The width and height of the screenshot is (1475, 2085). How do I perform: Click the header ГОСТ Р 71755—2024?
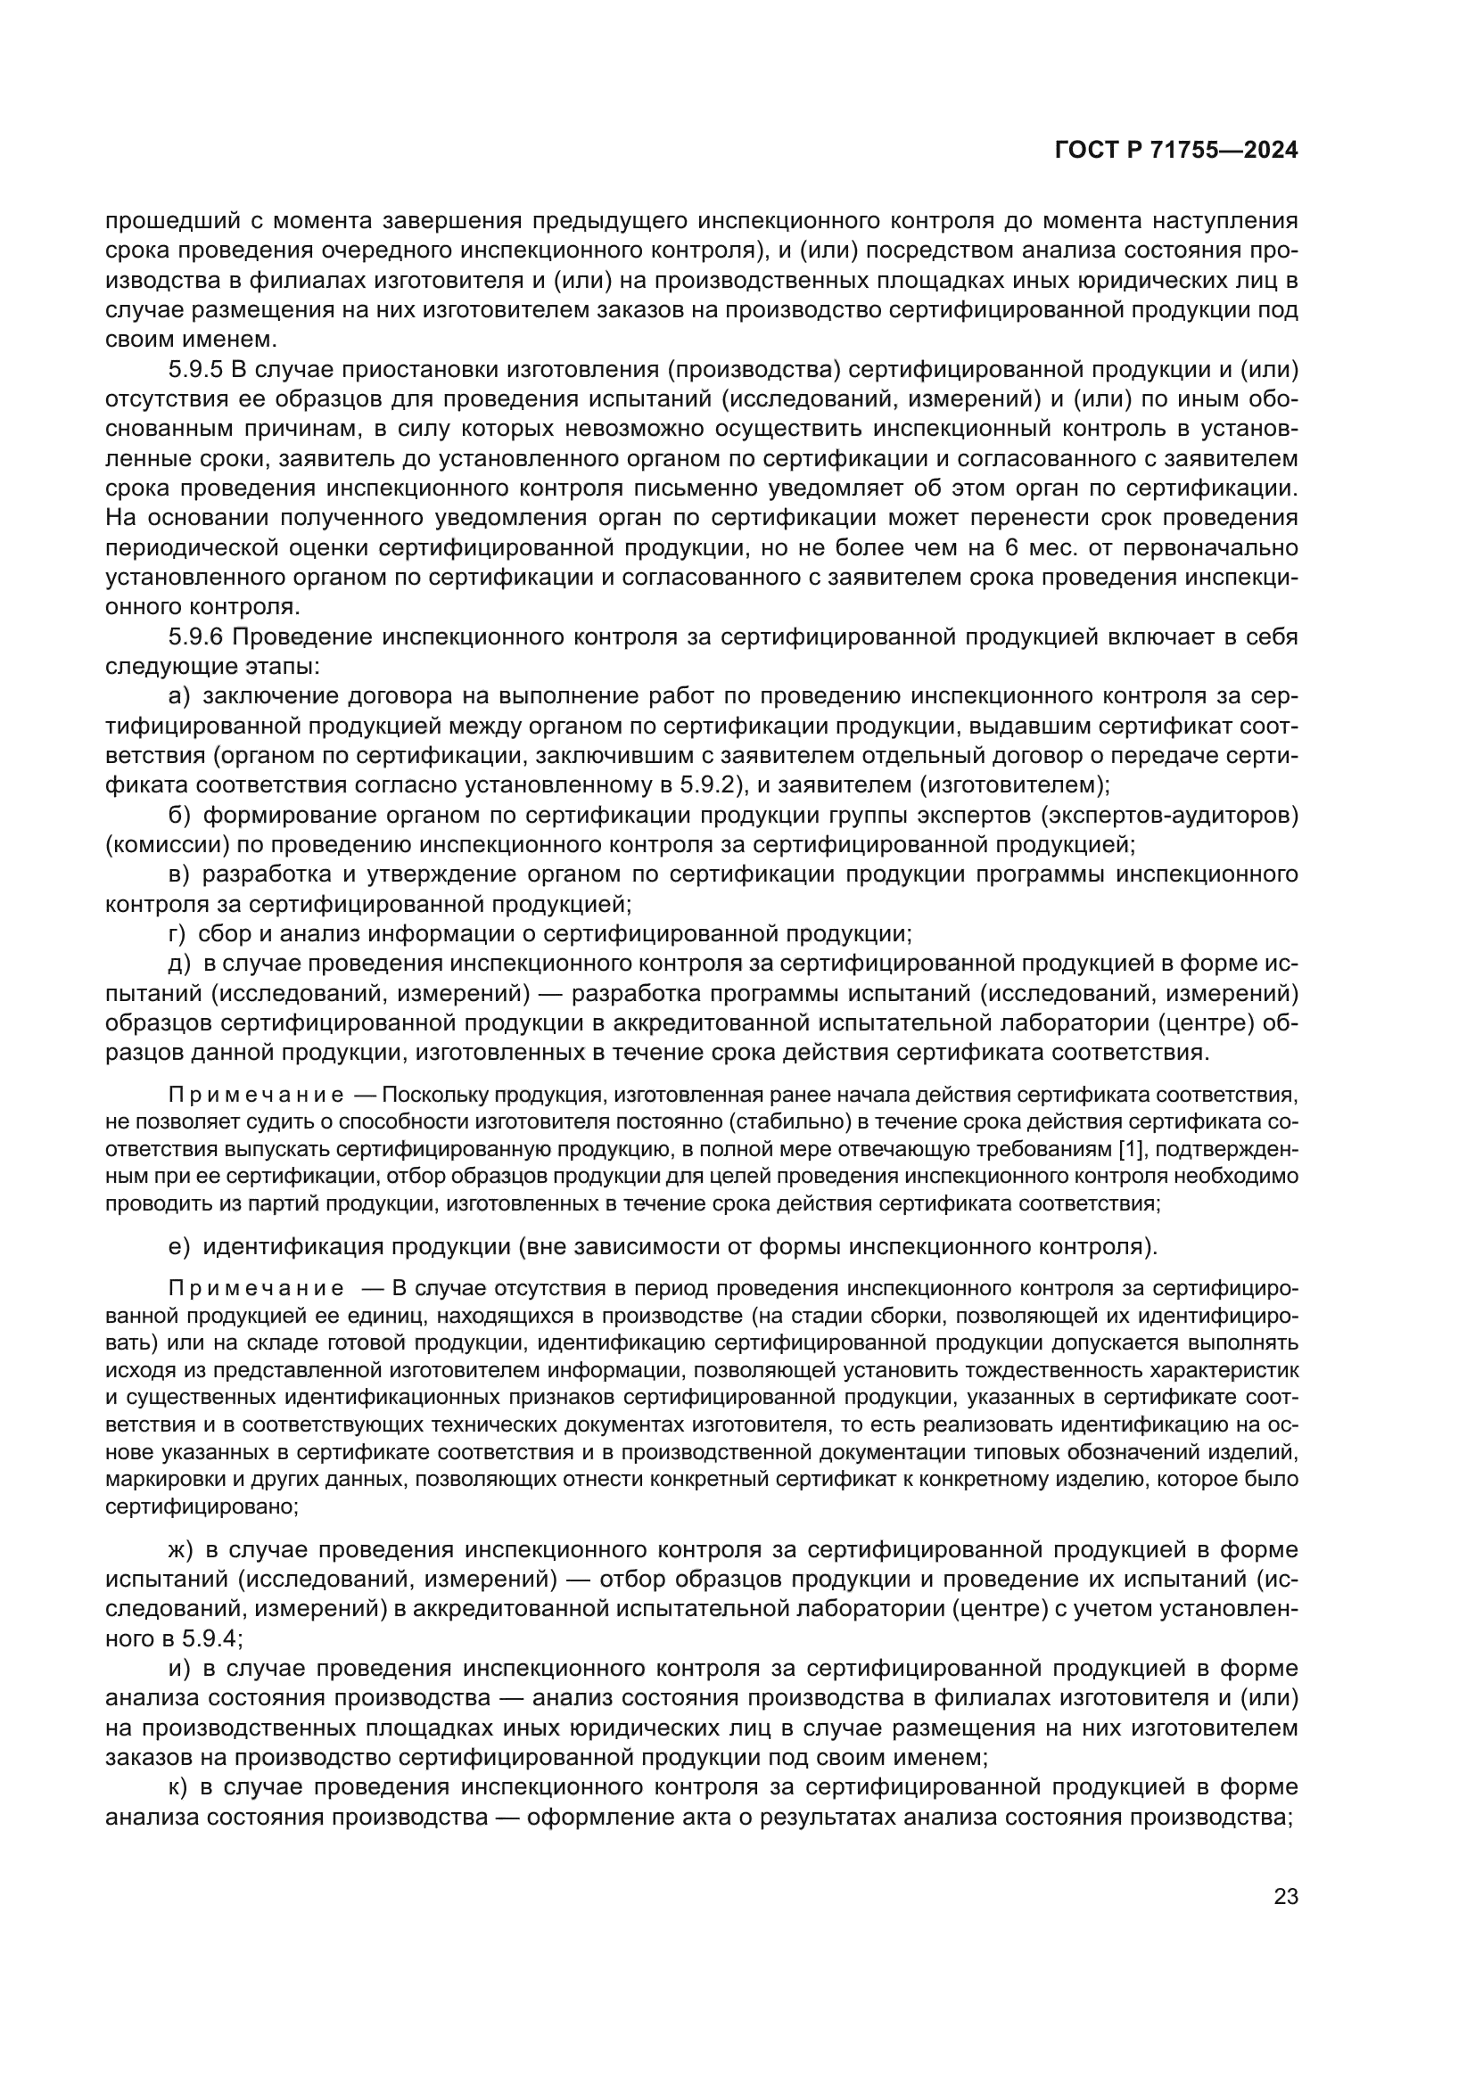1176,151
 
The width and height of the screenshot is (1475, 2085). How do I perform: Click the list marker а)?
179,695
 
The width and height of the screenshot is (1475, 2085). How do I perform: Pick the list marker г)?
177,933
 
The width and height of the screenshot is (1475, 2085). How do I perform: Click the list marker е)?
179,1247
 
